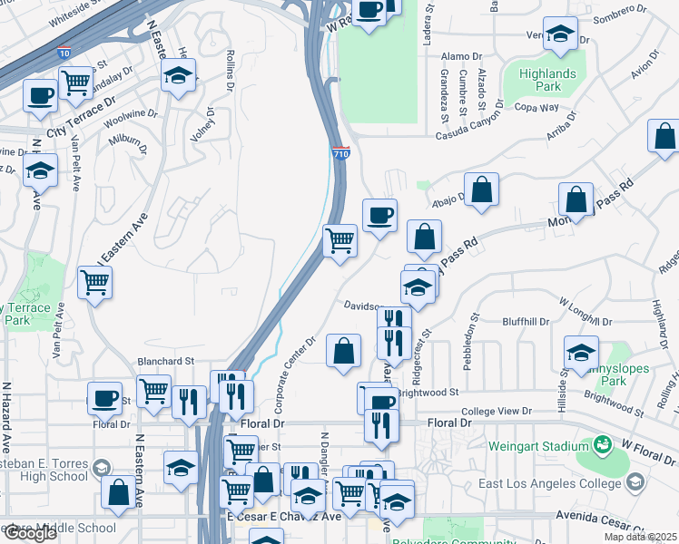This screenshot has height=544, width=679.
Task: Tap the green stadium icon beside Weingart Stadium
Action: (603, 445)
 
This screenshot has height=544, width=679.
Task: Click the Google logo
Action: (30, 532)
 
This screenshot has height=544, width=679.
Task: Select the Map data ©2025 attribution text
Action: (640, 537)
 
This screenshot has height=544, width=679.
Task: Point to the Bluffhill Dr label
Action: (526, 322)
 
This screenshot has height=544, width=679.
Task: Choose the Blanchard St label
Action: (166, 360)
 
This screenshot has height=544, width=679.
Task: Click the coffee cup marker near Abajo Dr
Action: (379, 216)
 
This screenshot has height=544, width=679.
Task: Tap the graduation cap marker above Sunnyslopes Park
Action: (581, 352)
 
